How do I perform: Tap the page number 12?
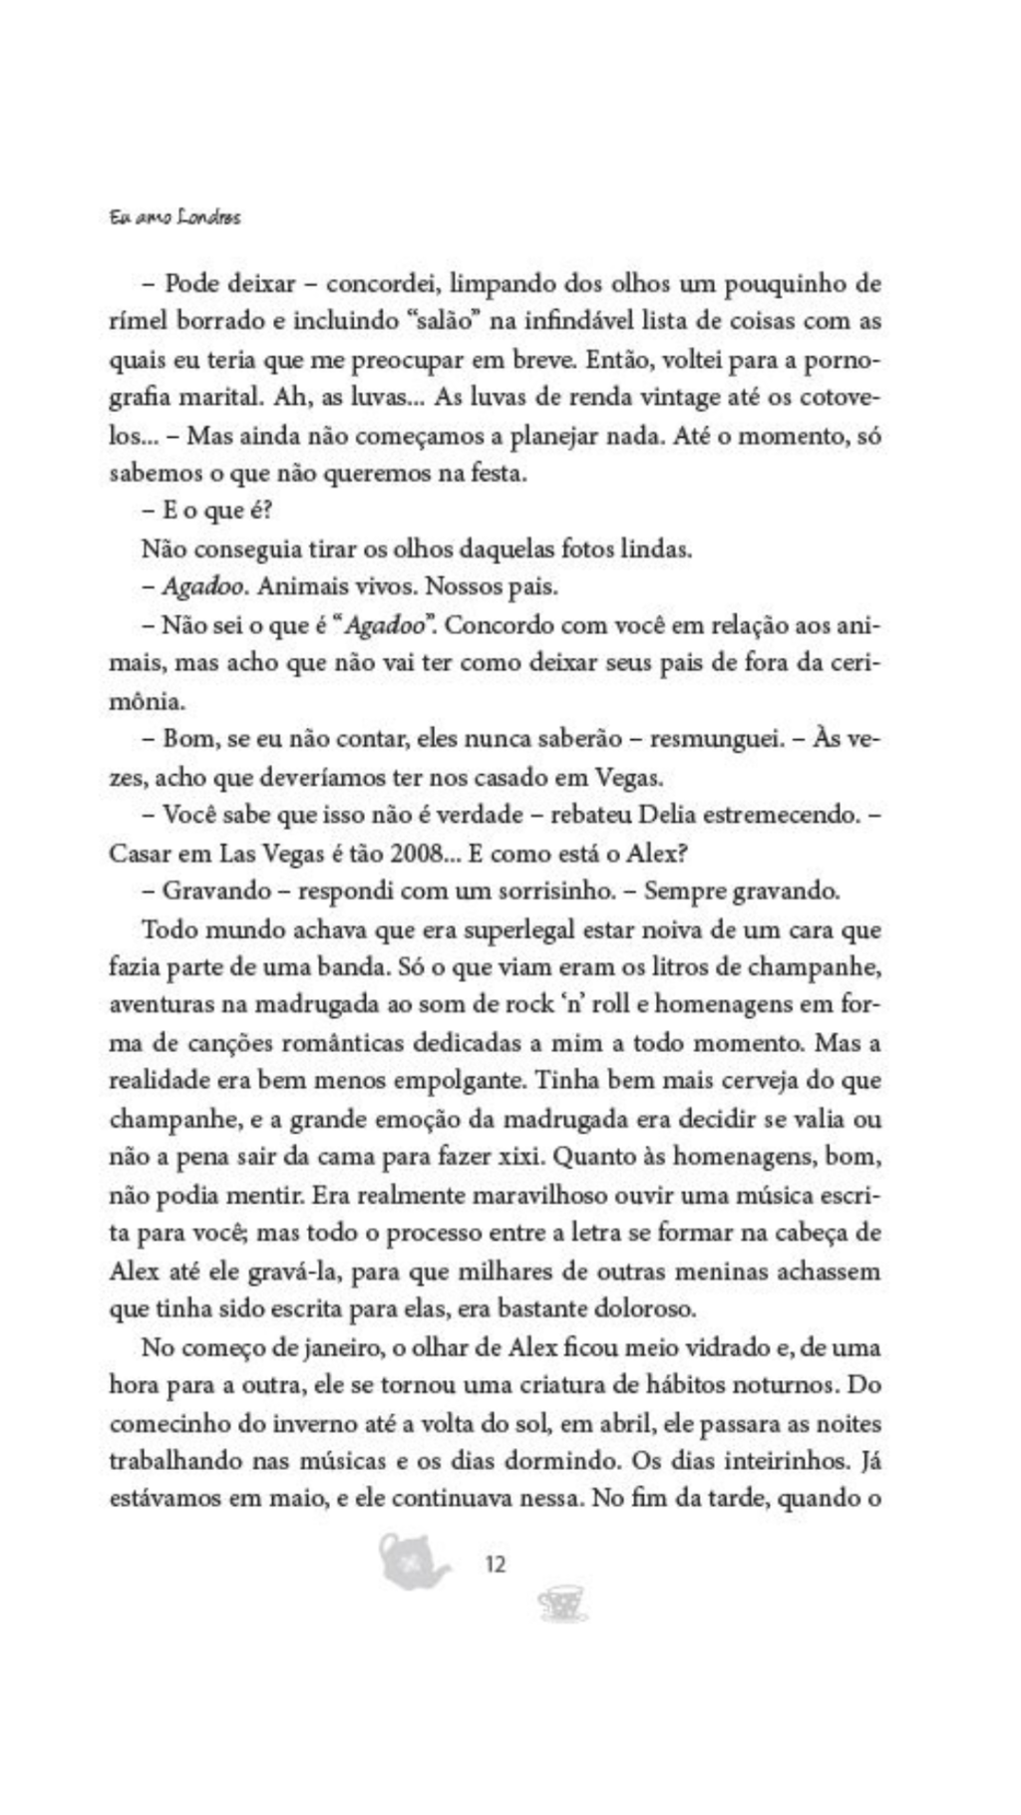pos(495,1564)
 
